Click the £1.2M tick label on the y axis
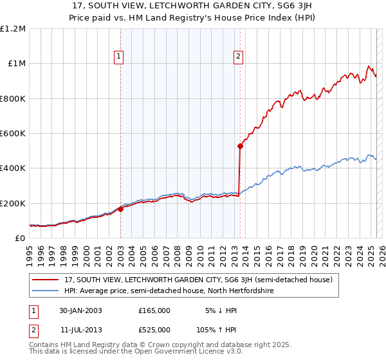point(13,29)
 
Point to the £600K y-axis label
point(13,134)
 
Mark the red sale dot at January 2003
point(120,209)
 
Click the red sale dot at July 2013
point(240,146)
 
